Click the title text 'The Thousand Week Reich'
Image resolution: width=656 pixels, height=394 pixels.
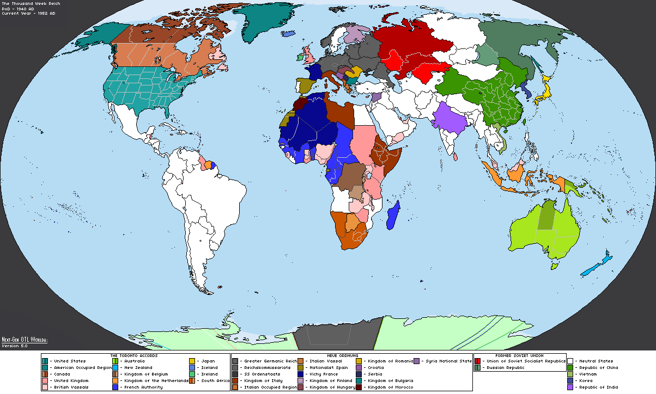point(31,4)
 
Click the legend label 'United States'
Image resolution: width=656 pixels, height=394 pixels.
point(69,361)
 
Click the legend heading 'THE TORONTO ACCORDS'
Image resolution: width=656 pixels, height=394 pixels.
point(135,355)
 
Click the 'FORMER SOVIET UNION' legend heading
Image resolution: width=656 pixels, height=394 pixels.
point(519,355)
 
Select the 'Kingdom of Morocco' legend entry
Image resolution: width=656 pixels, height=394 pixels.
point(390,387)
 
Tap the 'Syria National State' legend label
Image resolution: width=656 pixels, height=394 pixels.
point(449,361)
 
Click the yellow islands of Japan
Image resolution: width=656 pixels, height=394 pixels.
point(542,93)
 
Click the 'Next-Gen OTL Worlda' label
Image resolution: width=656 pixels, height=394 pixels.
point(24,340)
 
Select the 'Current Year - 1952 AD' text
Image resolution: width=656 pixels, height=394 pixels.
point(28,13)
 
